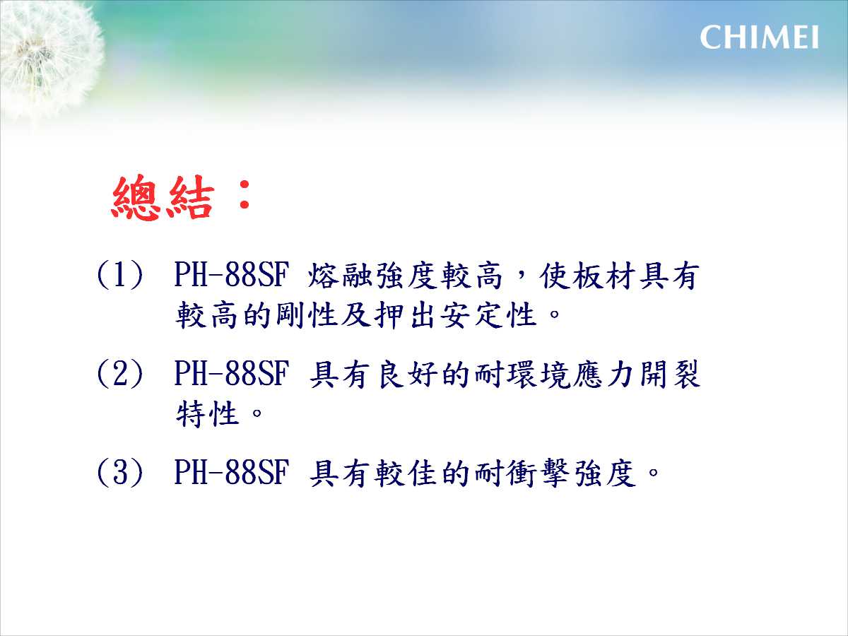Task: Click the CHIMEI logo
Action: [759, 37]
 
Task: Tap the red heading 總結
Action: [163, 197]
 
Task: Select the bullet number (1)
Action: [119, 275]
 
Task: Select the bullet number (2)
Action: [119, 373]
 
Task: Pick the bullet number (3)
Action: [119, 472]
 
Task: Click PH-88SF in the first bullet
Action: [232, 275]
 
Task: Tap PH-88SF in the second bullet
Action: [232, 373]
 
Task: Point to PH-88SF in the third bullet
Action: [232, 471]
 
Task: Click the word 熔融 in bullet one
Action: [342, 276]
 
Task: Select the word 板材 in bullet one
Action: [606, 276]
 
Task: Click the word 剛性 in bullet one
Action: [307, 315]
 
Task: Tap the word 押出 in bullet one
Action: [404, 315]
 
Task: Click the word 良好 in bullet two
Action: [408, 374]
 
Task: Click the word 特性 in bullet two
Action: [208, 413]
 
